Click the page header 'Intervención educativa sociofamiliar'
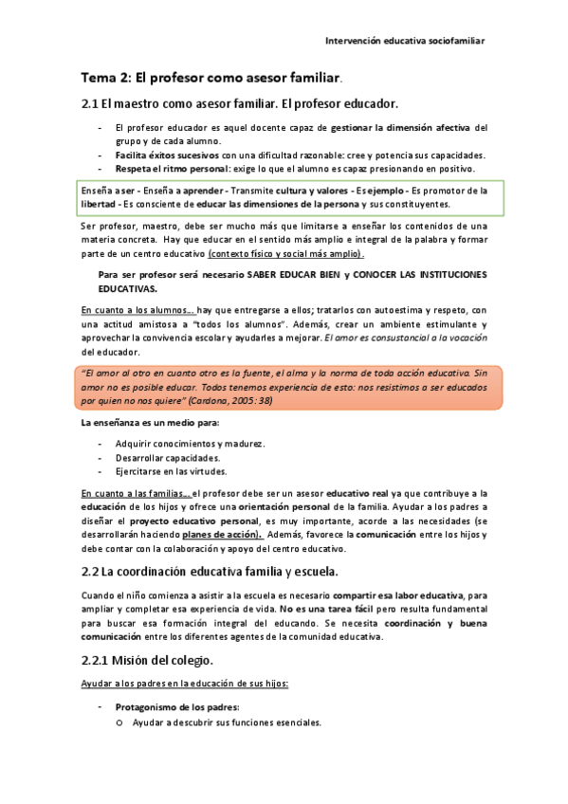[405, 42]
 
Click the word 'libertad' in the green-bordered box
[99, 204]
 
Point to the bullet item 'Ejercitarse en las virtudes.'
[172, 471]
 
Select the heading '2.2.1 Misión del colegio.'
[147, 659]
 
